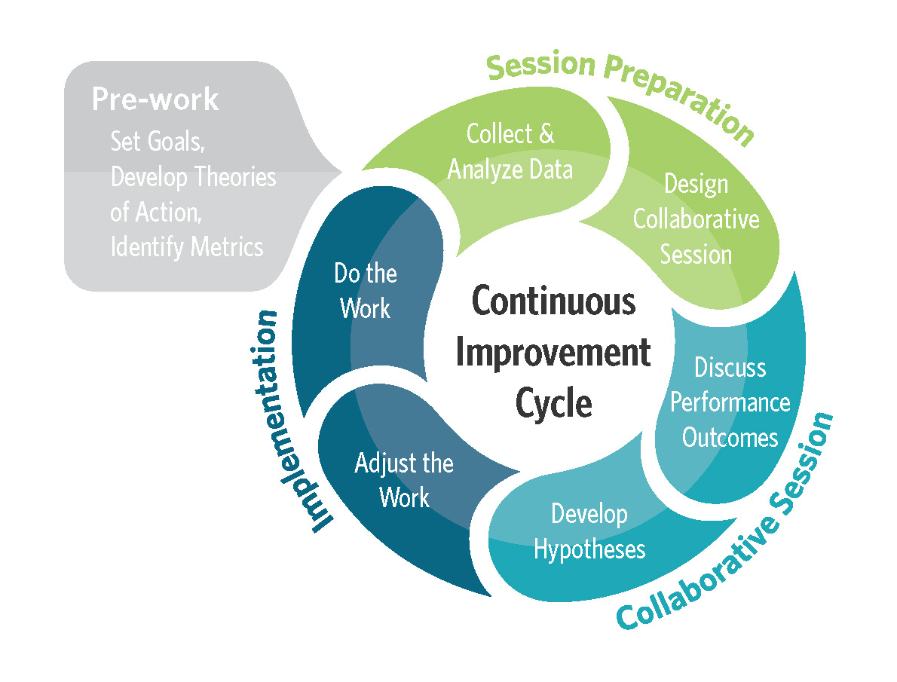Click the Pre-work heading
pyautogui.click(x=155, y=100)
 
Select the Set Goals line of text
pyautogui.click(x=163, y=141)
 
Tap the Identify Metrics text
pyautogui.click(x=187, y=246)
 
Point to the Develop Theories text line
pyautogui.click(x=193, y=177)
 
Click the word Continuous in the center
pyautogui.click(x=554, y=302)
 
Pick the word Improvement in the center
pyautogui.click(x=554, y=353)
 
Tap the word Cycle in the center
pyautogui.click(x=554, y=403)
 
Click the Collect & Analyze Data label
pyautogui.click(x=510, y=151)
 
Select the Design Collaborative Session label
pyautogui.click(x=696, y=219)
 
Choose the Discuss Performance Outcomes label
pyautogui.click(x=730, y=402)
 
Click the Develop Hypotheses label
pyautogui.click(x=589, y=531)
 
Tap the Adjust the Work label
pyautogui.click(x=404, y=480)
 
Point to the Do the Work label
pyautogui.click(x=366, y=291)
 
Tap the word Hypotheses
pyautogui.click(x=589, y=549)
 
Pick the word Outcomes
pyautogui.click(x=730, y=437)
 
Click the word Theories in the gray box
pyautogui.click(x=236, y=177)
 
